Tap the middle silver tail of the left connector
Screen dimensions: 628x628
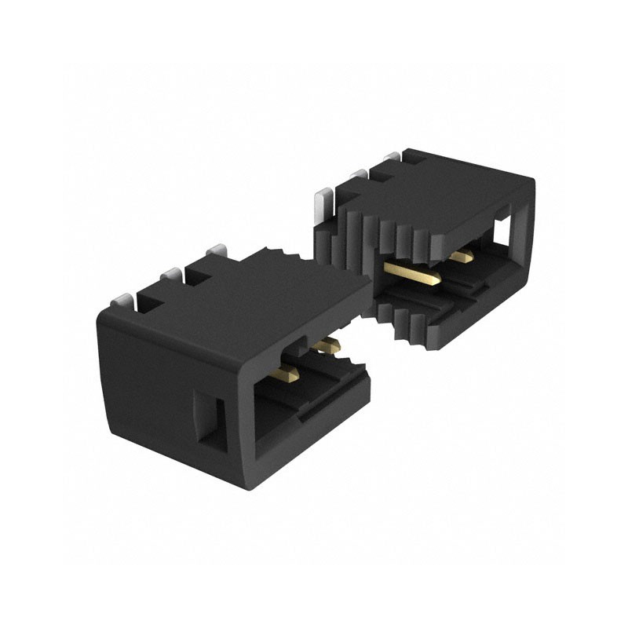coord(170,276)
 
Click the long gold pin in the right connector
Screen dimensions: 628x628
coord(412,272)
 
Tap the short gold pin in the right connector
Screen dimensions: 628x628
coord(463,256)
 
